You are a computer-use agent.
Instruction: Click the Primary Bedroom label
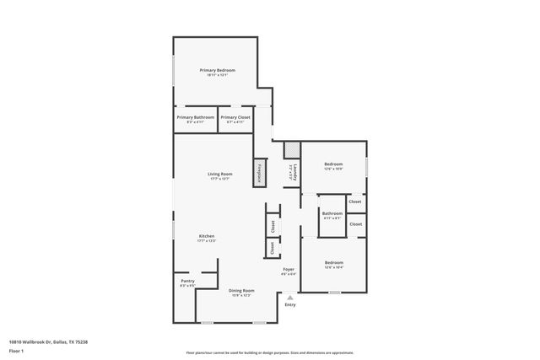pyautogui.click(x=217, y=70)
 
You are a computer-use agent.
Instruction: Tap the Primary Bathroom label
pyautogui.click(x=195, y=117)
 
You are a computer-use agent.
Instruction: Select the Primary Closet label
pyautogui.click(x=235, y=117)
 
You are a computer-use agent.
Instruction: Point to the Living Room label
pyautogui.click(x=219, y=174)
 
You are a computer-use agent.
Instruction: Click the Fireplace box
pyautogui.click(x=261, y=172)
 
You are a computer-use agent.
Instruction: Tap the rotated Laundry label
pyautogui.click(x=292, y=173)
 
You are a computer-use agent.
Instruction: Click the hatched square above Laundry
pyautogui.click(x=292, y=149)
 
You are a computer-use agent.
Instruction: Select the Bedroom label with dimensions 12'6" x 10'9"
pyautogui.click(x=333, y=164)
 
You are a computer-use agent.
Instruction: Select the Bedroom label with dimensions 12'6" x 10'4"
pyautogui.click(x=334, y=262)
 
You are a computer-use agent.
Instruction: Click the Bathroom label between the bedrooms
pyautogui.click(x=332, y=213)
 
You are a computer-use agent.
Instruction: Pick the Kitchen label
pyautogui.click(x=207, y=236)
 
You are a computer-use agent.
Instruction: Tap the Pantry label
pyautogui.click(x=187, y=282)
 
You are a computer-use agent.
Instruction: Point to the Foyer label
pyautogui.click(x=288, y=269)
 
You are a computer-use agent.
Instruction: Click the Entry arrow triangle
pyautogui.click(x=289, y=298)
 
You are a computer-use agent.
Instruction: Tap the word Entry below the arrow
pyautogui.click(x=289, y=304)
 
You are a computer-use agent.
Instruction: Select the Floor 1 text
pyautogui.click(x=16, y=350)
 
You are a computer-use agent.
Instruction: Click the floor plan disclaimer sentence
pyautogui.click(x=269, y=352)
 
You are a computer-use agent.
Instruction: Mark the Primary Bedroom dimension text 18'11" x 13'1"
pyautogui.click(x=217, y=75)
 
